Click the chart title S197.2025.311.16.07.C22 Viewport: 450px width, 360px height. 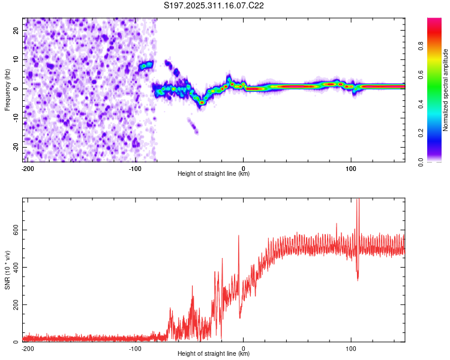(214, 5)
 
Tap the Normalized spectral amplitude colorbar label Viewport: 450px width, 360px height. (445, 91)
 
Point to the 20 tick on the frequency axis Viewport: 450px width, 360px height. (16, 30)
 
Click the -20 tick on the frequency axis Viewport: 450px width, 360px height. (14, 148)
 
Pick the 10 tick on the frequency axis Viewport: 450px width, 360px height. (16, 59)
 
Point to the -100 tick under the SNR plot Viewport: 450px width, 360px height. (136, 348)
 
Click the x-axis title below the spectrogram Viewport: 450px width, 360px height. (214, 174)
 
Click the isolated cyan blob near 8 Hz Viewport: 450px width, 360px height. (146, 65)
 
